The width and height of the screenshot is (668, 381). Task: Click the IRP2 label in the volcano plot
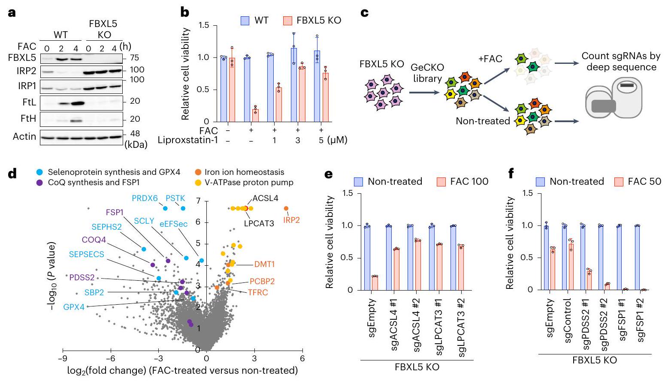tap(291, 220)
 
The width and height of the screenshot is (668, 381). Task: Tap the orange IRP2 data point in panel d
tap(286, 208)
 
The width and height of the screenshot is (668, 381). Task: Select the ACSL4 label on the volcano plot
tap(265, 198)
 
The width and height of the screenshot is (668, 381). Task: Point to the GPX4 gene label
tap(74, 307)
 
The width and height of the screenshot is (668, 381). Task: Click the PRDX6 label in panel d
tap(145, 198)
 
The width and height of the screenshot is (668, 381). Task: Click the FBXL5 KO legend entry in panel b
tap(313, 20)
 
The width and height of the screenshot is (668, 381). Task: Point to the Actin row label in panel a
tap(24, 136)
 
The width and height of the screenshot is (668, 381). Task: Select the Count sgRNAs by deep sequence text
tap(619, 62)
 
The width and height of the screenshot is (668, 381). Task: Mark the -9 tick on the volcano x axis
tap(63, 359)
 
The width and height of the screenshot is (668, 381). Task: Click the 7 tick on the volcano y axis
tap(198, 200)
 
